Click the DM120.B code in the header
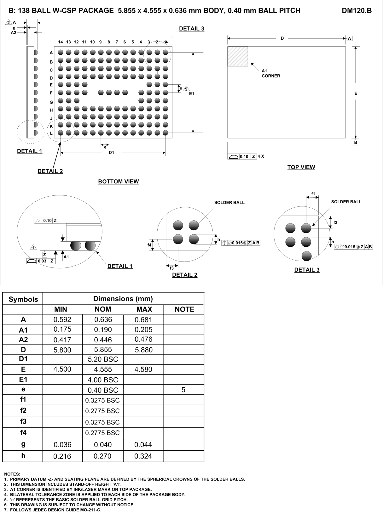click(x=357, y=11)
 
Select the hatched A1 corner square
click(x=238, y=56)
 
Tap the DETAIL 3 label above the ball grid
click(x=191, y=29)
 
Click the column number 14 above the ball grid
click(x=61, y=42)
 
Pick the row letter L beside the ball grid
click(x=51, y=133)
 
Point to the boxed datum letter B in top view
click(x=356, y=143)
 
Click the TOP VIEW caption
click(x=301, y=167)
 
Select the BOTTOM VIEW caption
click(x=119, y=182)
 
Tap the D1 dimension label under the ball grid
click(x=111, y=153)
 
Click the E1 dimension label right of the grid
click(x=192, y=94)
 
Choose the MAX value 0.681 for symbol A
click(x=143, y=320)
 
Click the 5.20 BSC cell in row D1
click(x=103, y=359)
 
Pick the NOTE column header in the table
click(x=184, y=309)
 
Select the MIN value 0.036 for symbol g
click(x=62, y=445)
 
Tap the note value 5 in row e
click(x=183, y=390)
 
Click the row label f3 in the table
click(x=23, y=421)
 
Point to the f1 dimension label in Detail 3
click(x=313, y=194)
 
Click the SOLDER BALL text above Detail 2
click(x=229, y=203)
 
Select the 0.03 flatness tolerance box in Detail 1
click(x=42, y=261)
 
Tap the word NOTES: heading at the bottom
click(x=12, y=474)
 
